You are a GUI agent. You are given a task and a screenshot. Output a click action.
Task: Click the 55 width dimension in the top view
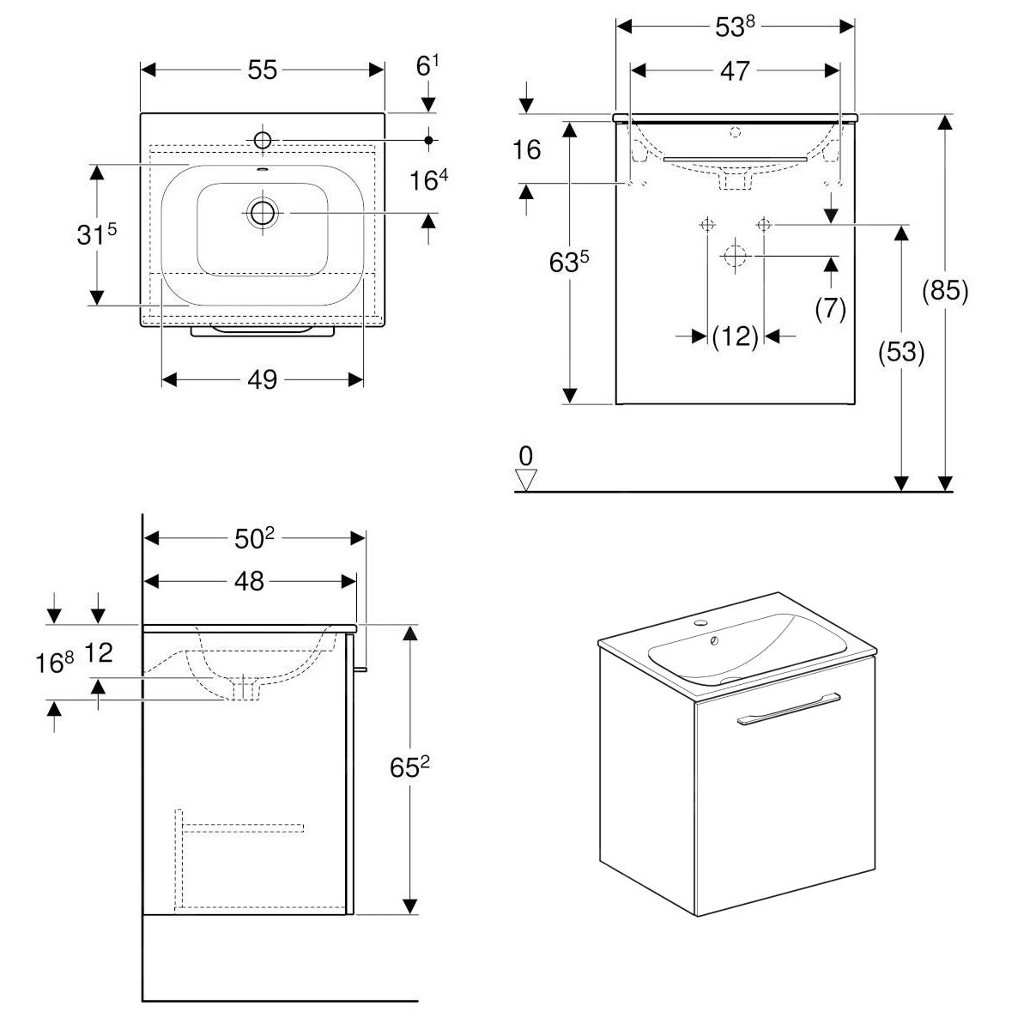coord(263,70)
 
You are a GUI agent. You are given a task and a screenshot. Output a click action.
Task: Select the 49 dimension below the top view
coord(263,379)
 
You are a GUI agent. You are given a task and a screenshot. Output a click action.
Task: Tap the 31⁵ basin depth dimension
coord(96,234)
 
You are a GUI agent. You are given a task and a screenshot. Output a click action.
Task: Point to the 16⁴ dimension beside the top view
coord(430,181)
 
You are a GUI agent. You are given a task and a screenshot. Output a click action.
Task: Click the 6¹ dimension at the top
coord(428,66)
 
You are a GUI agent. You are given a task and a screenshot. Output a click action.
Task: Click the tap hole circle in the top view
coord(262,139)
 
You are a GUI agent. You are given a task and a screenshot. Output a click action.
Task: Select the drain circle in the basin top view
coord(262,212)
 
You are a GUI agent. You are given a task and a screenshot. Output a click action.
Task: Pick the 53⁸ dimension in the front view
coord(735,26)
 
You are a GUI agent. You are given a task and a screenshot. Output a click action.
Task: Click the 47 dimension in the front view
coord(735,70)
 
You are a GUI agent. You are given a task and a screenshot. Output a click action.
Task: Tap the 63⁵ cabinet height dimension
coord(569,262)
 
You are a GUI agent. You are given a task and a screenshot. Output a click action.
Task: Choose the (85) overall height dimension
coord(945,292)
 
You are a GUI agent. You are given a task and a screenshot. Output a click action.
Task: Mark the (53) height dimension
coord(901,353)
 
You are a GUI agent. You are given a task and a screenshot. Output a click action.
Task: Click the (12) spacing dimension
coord(736,336)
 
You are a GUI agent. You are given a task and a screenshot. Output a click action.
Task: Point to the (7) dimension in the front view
coord(830,308)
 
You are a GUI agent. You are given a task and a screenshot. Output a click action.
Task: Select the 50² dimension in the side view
coord(254,538)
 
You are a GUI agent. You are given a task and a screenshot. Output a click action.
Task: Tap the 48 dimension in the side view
coord(249,581)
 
